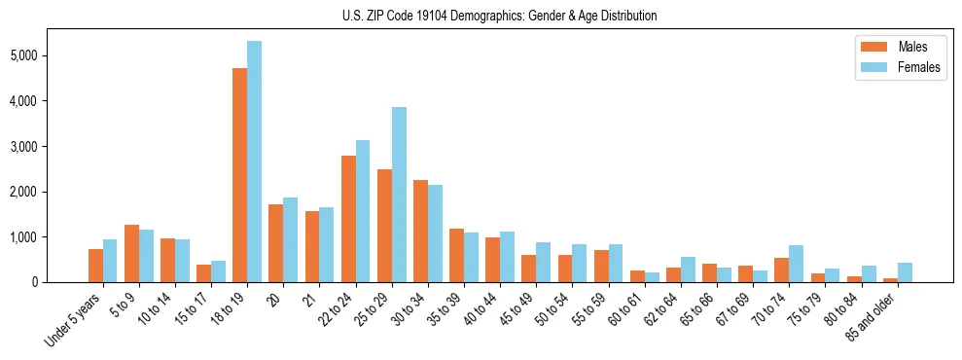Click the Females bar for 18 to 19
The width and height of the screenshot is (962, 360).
point(254,162)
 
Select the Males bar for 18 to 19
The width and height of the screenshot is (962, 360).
point(239,175)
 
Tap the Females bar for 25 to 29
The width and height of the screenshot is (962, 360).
point(399,195)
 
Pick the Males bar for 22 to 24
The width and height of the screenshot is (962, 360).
point(348,219)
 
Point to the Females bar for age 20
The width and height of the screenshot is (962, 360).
point(290,239)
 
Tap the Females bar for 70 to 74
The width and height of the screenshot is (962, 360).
point(797,264)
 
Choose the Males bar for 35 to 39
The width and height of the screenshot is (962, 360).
point(456,255)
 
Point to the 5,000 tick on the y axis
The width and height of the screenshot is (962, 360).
point(49,55)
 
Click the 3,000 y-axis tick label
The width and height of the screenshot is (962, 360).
point(49,146)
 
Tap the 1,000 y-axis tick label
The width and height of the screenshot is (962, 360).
point(49,237)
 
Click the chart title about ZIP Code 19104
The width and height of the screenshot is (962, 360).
point(500,16)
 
